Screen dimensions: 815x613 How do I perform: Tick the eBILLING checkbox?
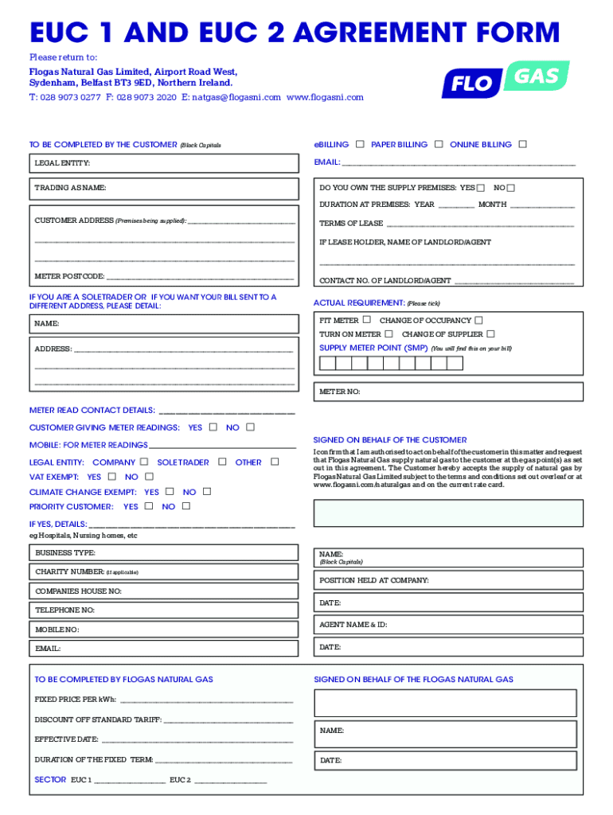pyautogui.click(x=360, y=144)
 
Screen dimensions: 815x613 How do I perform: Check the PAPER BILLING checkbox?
pyautogui.click(x=439, y=144)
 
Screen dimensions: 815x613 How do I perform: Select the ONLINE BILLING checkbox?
pyautogui.click(x=522, y=144)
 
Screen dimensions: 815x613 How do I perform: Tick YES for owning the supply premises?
pyautogui.click(x=480, y=188)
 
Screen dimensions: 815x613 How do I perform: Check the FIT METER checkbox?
pyautogui.click(x=366, y=320)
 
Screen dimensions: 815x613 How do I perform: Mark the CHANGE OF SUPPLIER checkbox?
pyautogui.click(x=490, y=334)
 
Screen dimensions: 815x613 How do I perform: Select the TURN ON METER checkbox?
pyautogui.click(x=388, y=334)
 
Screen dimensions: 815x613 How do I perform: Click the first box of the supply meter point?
pyautogui.click(x=327, y=364)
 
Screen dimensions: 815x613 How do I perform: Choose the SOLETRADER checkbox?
pyautogui.click(x=222, y=462)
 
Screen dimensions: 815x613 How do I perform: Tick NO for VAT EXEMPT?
pyautogui.click(x=147, y=477)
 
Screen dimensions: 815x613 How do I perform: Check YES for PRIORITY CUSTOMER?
pyautogui.click(x=149, y=506)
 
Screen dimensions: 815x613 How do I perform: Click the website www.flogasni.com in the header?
pyautogui.click(x=325, y=97)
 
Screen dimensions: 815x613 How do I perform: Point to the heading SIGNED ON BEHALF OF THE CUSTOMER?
pyautogui.click(x=390, y=440)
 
